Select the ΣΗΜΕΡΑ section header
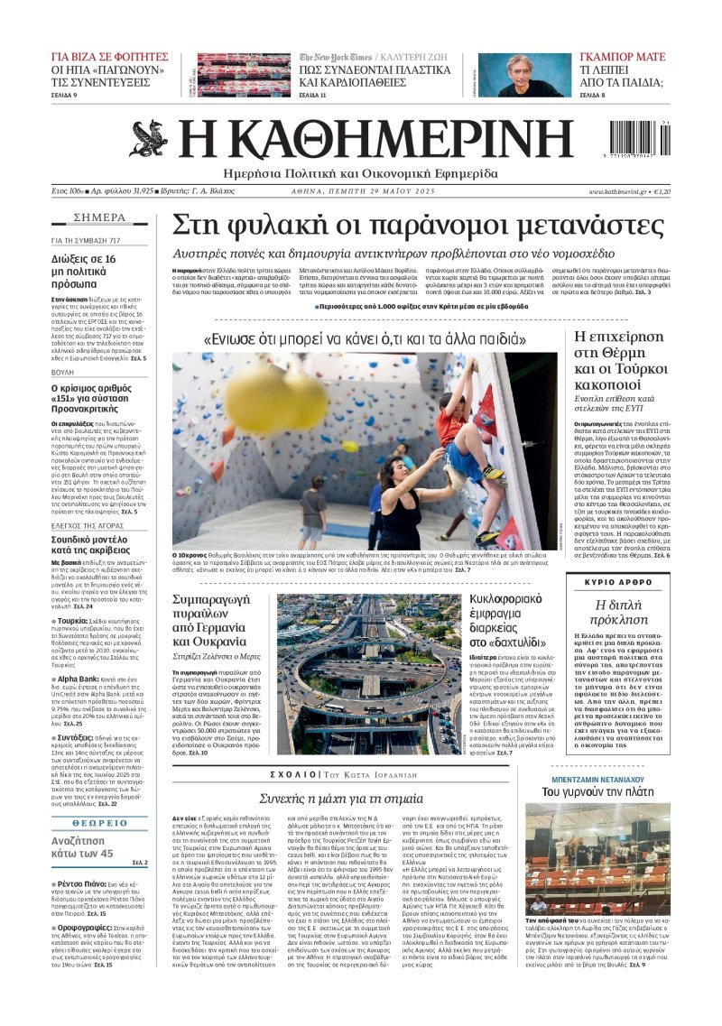[x=99, y=217]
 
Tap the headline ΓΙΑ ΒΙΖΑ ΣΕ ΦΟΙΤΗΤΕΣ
[x=110, y=56]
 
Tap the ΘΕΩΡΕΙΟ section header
[x=99, y=823]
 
